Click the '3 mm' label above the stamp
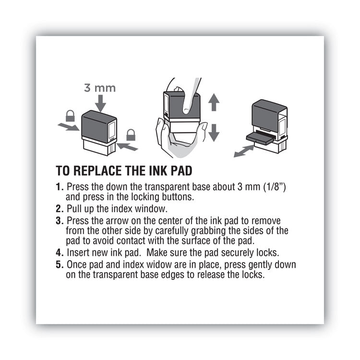[100, 88]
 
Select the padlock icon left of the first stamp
[71, 116]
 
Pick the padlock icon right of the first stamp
[130, 134]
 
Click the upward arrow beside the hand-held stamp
[214, 102]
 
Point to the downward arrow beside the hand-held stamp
[214, 132]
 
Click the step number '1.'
[60, 187]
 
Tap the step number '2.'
[60, 209]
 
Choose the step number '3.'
[60, 220]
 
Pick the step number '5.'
[60, 265]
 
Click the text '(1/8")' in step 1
[274, 187]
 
